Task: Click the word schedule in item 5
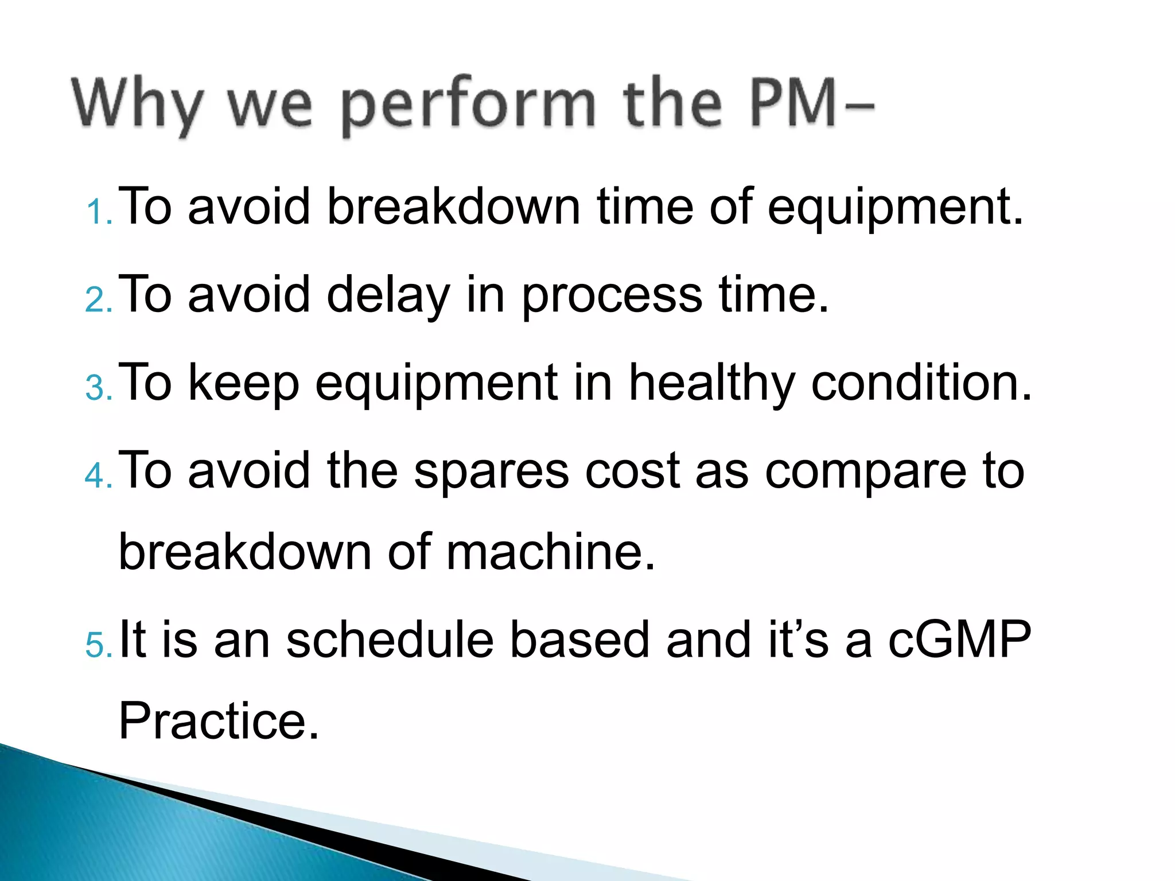(x=390, y=640)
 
